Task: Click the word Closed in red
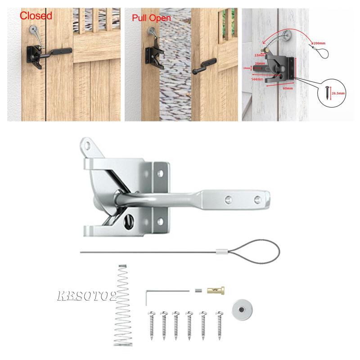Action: [x=36, y=16]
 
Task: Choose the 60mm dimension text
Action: [x=288, y=89]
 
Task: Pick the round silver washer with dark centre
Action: [x=242, y=310]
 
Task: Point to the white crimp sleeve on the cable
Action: [x=220, y=252]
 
